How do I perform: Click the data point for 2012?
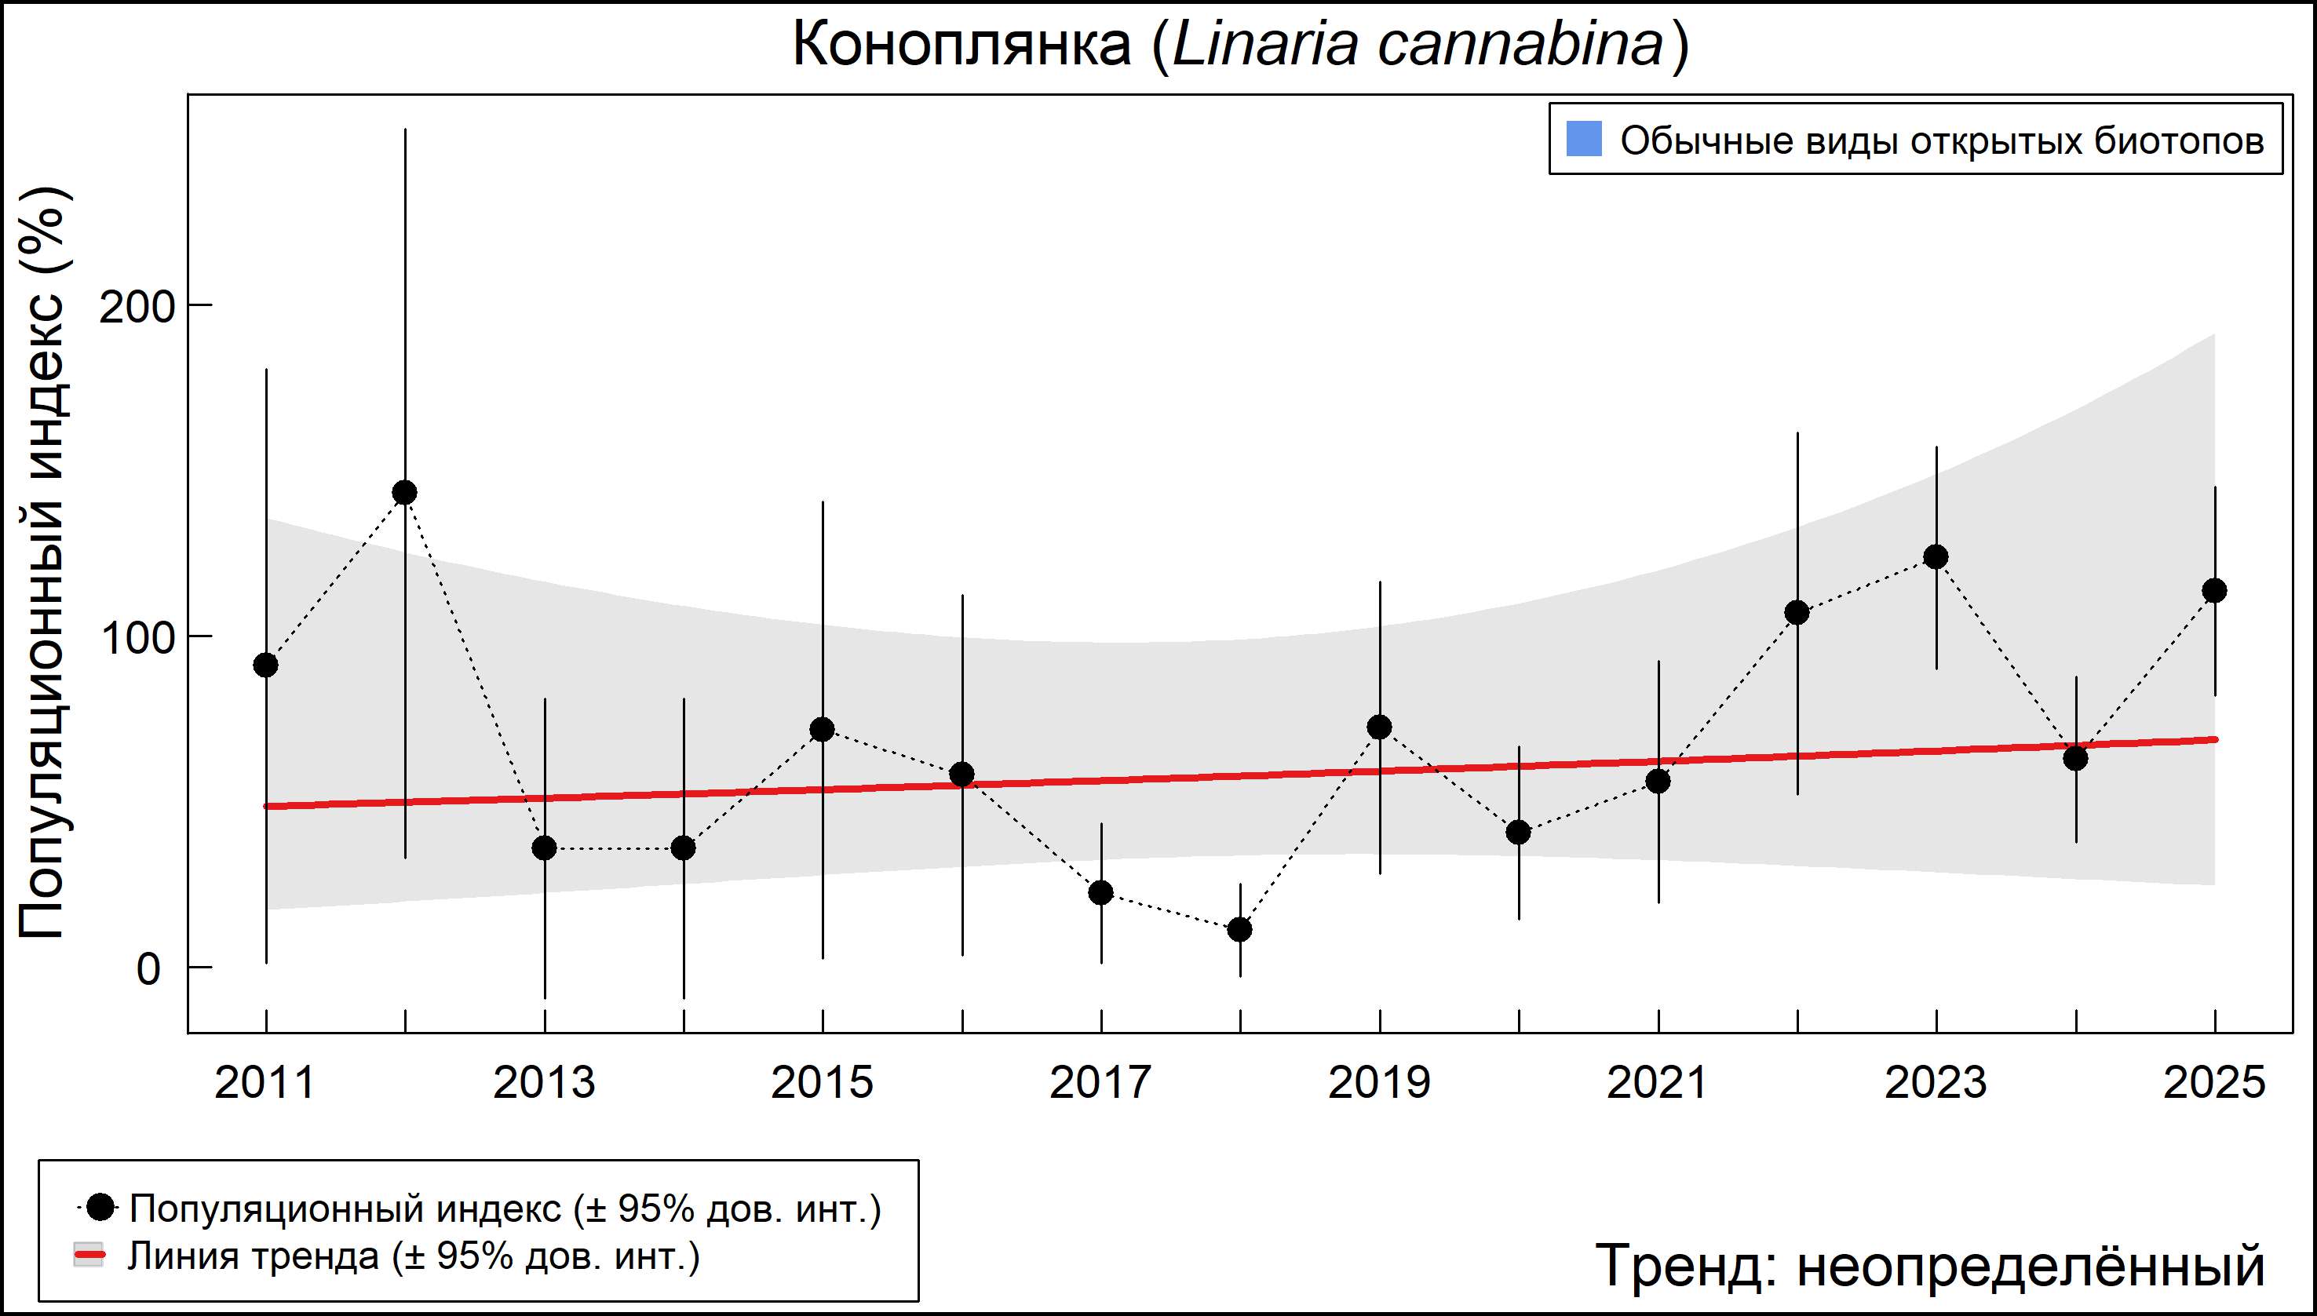[405, 493]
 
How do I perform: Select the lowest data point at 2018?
[1240, 929]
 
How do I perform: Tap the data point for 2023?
[1936, 557]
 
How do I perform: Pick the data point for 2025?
[2214, 591]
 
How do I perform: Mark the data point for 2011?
[266, 665]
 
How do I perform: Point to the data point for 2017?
[1100, 893]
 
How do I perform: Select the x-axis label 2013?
[543, 1083]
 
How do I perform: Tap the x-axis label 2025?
[2214, 1083]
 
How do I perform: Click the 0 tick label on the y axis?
[148, 969]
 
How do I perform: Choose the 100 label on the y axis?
[137, 638]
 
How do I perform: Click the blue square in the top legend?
[1584, 139]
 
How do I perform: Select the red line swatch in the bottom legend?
[89, 1256]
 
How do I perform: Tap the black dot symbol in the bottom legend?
[102, 1207]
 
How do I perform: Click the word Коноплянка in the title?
[961, 44]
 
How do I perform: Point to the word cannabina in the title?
[1520, 44]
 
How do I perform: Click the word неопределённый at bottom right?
[2031, 1265]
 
